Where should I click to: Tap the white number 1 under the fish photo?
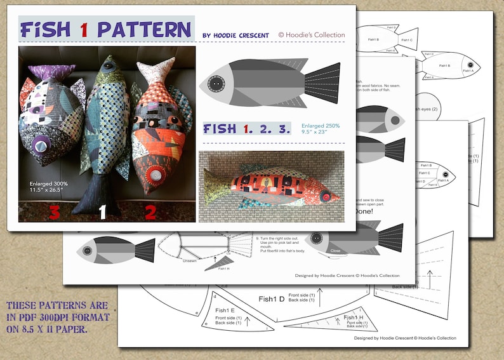tap(102, 212)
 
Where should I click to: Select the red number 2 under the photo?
tap(150, 212)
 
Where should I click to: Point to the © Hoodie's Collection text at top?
tap(312, 35)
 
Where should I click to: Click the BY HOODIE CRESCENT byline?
tap(235, 36)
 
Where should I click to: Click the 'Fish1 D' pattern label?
tap(271, 298)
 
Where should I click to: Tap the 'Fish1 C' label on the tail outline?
tap(407, 40)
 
